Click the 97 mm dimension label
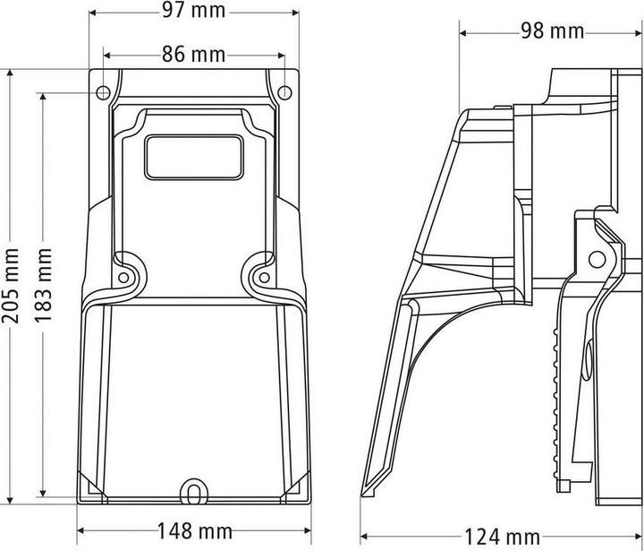point(194,12)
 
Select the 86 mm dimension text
point(193,54)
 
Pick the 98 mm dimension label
point(551,31)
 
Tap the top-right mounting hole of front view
point(284,91)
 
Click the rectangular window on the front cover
point(194,158)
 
